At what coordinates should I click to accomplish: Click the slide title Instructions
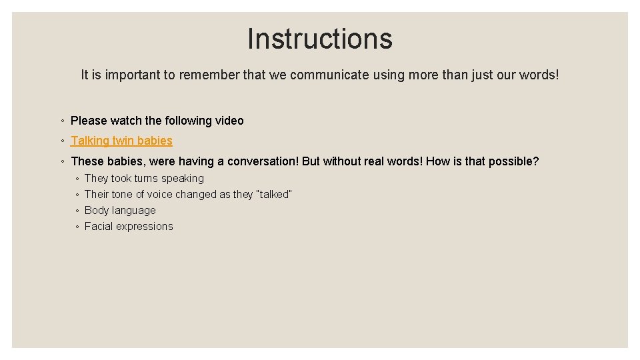click(320, 39)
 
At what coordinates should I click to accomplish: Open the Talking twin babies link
click(121, 141)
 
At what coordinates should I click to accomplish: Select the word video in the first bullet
click(229, 121)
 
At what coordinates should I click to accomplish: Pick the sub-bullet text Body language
click(120, 210)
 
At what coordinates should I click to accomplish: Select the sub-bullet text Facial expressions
click(129, 226)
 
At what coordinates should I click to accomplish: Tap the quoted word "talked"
click(274, 194)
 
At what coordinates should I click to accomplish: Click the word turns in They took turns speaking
click(146, 178)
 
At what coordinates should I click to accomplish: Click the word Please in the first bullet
click(89, 121)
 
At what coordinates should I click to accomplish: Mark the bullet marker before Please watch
click(61, 121)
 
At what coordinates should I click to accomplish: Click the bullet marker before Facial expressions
click(78, 227)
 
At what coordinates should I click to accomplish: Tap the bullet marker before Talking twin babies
click(61, 141)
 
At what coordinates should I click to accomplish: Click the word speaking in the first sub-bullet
click(183, 178)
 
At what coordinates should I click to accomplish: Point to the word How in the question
click(437, 161)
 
